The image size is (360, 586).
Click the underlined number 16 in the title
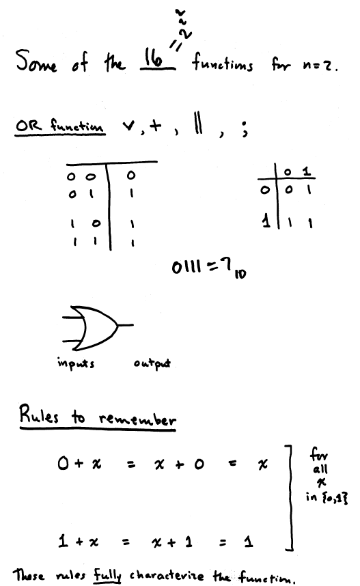[x=154, y=59]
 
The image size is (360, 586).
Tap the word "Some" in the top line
[x=36, y=61]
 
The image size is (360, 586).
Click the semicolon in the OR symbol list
[x=244, y=130]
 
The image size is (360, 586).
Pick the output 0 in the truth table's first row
[x=131, y=175]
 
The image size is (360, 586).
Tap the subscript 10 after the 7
[x=240, y=275]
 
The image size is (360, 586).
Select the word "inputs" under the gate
[x=76, y=363]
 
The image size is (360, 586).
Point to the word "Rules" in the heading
[x=39, y=414]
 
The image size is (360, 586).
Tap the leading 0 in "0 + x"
[x=63, y=464]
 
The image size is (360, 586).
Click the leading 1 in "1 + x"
[x=63, y=541]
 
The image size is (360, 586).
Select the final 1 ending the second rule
[x=249, y=542]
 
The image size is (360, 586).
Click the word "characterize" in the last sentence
[x=167, y=576]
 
